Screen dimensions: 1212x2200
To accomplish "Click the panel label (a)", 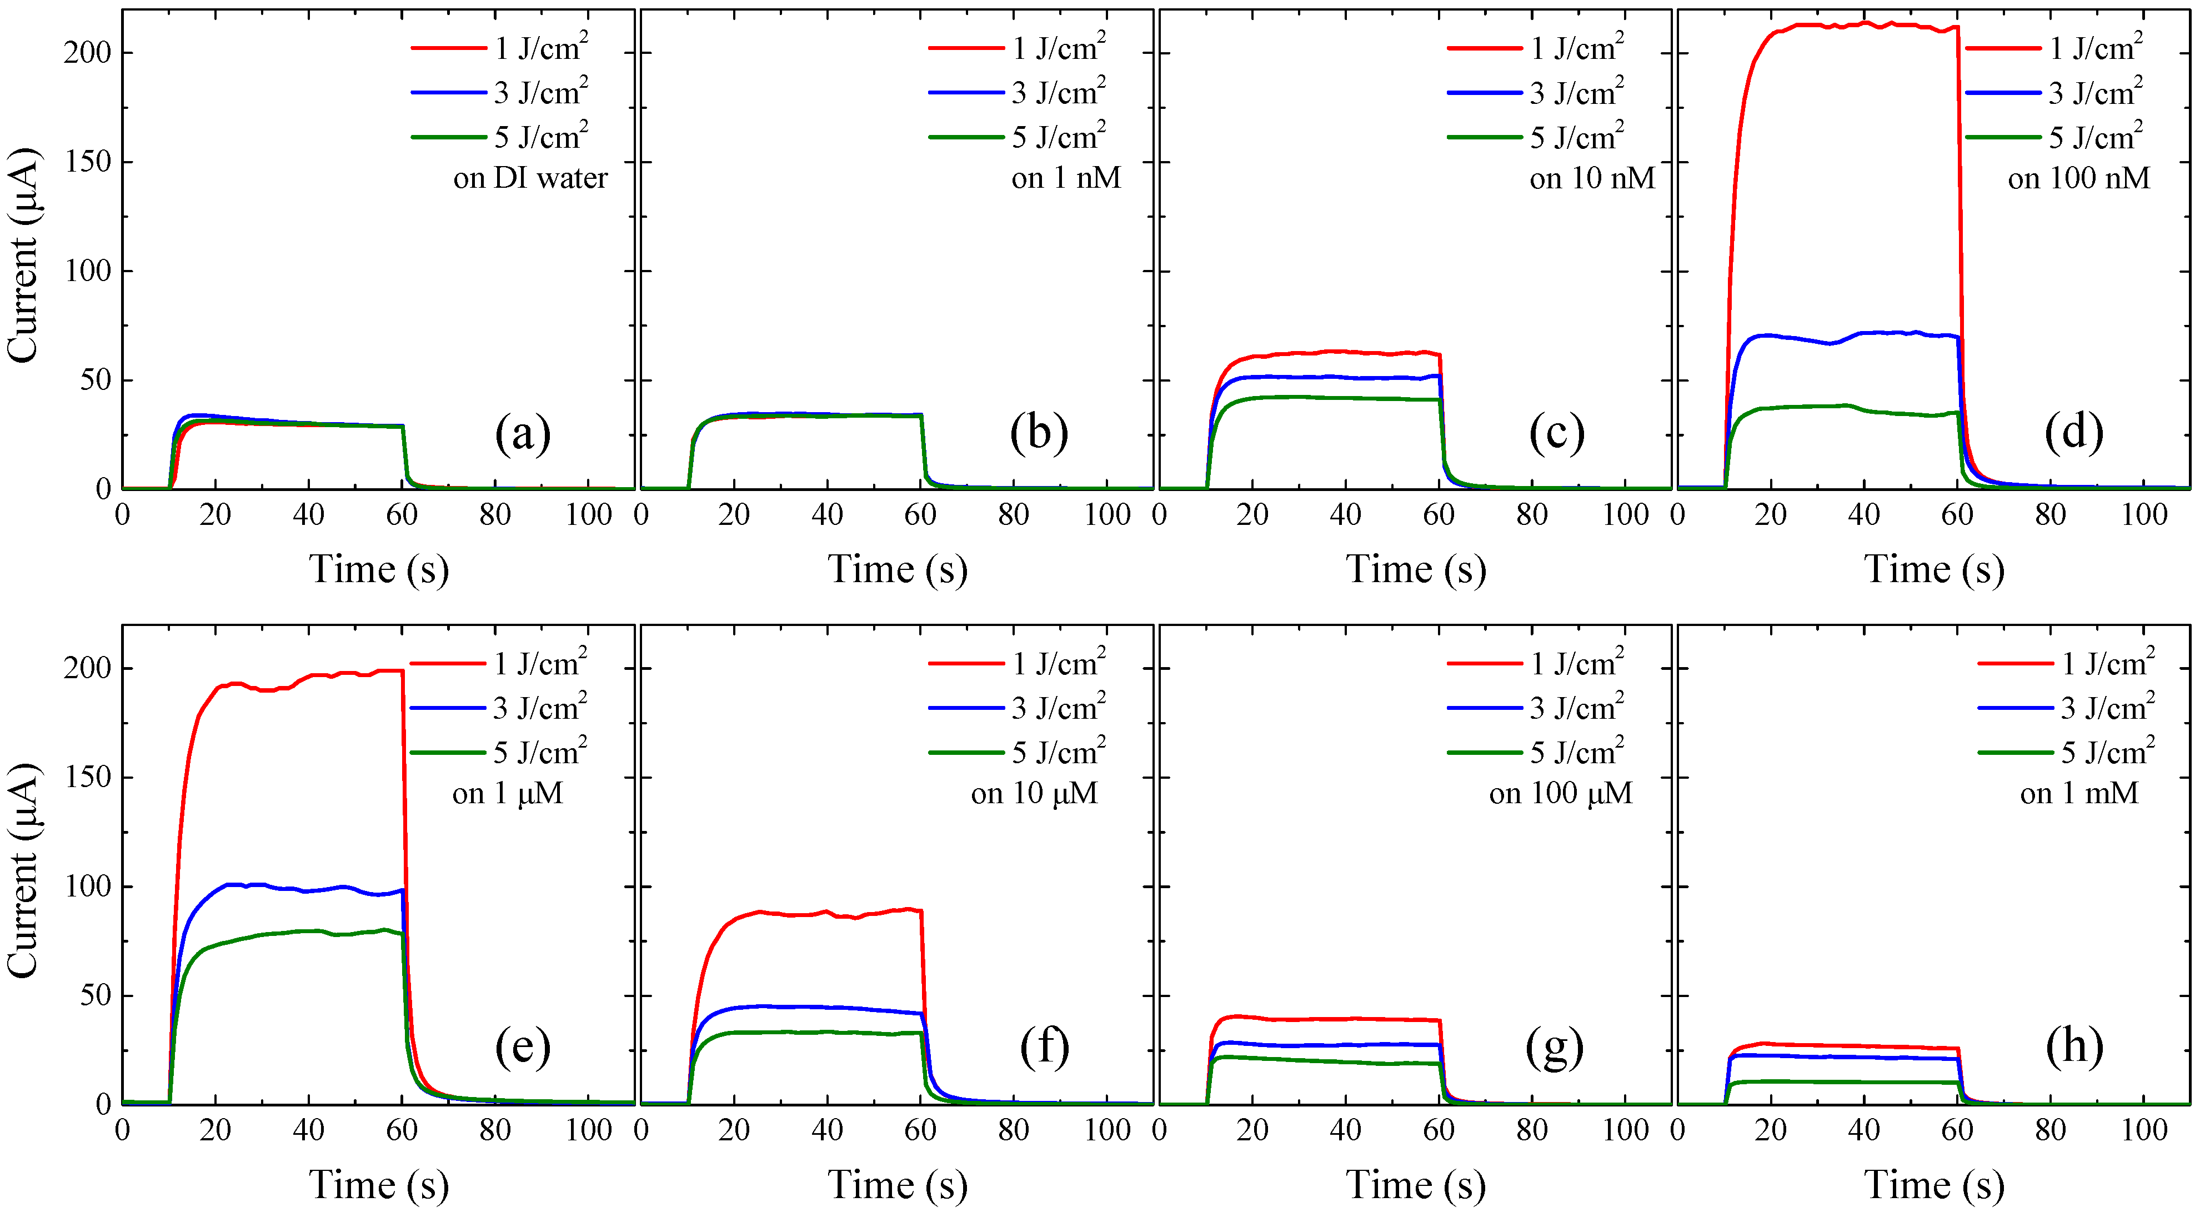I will [523, 433].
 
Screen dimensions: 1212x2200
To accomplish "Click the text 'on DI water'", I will [530, 178].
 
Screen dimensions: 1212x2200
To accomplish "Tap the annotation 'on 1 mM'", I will [2079, 794].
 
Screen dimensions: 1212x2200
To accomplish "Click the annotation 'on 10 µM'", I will [1034, 794].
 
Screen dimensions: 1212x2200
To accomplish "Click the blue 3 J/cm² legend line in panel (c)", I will [1484, 92].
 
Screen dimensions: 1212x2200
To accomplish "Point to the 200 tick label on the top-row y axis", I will [87, 53].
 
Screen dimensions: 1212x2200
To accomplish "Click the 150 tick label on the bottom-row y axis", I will [87, 777].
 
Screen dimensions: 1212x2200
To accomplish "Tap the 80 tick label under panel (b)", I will [1013, 515].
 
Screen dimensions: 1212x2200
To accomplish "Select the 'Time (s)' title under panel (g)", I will [1416, 1185].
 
